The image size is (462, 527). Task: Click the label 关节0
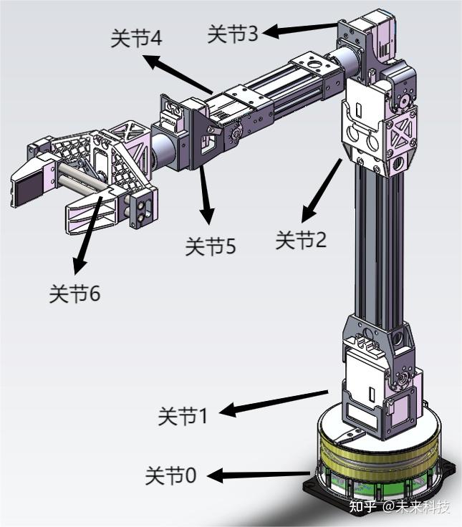click(170, 475)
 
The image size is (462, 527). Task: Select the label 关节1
click(183, 416)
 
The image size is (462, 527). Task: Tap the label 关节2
click(301, 240)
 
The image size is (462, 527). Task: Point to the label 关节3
click(233, 34)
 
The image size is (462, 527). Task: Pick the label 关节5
click(211, 246)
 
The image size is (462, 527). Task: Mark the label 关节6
click(74, 294)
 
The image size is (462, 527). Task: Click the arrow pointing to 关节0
click(259, 475)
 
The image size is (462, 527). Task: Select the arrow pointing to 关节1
click(274, 402)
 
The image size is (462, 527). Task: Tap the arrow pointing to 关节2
click(321, 191)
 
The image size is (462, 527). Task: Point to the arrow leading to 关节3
click(299, 30)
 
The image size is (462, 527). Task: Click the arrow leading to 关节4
click(178, 74)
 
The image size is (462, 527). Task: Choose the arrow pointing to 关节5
click(206, 194)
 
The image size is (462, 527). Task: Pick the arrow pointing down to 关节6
click(87, 236)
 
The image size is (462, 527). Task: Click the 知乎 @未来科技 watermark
click(400, 506)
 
